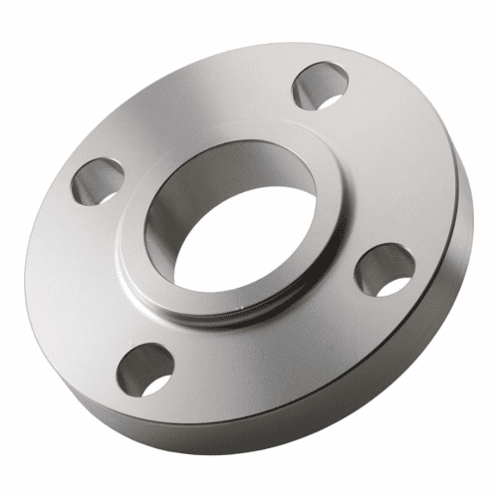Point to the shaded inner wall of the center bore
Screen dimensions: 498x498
[x=174, y=214]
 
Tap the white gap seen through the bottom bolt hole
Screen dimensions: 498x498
[x=154, y=381]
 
